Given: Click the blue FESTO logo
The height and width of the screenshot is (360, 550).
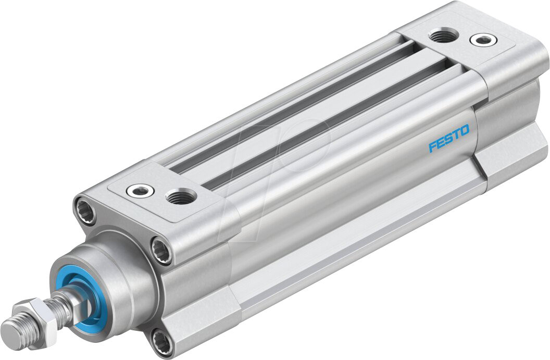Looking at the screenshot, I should coord(448,138).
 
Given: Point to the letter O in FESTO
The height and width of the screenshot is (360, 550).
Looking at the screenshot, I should coord(464,130).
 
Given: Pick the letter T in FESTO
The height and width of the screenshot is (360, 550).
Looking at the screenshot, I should coord(456,134).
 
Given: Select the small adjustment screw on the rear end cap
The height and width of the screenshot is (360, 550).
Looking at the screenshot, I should coord(480,40).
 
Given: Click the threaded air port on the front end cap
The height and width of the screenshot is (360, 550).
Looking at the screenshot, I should coord(181,196).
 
